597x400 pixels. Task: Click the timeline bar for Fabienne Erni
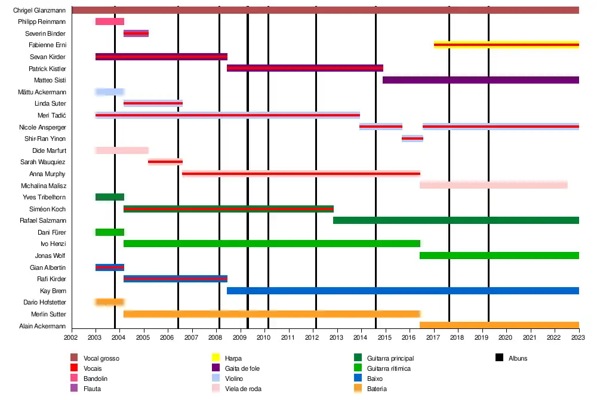click(x=506, y=45)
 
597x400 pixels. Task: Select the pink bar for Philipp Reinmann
click(x=110, y=21)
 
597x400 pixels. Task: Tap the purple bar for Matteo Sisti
click(x=481, y=80)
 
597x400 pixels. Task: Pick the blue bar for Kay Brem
click(x=403, y=291)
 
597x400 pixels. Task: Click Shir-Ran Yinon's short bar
click(x=413, y=139)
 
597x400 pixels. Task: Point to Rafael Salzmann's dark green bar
click(x=456, y=220)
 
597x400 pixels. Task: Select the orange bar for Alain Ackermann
click(x=499, y=325)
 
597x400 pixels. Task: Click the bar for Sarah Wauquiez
click(x=165, y=162)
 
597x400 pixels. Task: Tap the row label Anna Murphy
click(x=48, y=174)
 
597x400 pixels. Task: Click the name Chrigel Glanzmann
click(x=39, y=10)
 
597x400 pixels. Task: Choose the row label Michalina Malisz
click(x=45, y=186)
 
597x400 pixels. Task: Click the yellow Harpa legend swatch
click(x=217, y=358)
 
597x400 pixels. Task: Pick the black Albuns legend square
click(x=499, y=358)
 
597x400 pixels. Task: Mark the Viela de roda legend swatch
click(x=217, y=389)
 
